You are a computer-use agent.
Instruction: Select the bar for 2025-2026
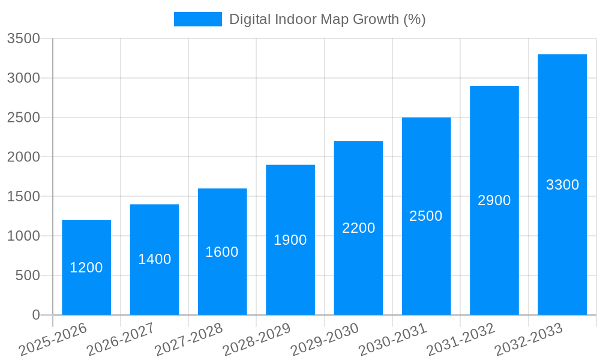pos(86,288)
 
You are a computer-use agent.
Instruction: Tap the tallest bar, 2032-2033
pos(562,240)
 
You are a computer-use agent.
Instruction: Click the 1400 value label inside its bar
pos(155,259)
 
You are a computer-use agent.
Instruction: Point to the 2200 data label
pos(359,228)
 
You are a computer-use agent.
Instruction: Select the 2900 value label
pos(494,200)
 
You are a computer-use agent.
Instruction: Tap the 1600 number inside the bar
pos(222,252)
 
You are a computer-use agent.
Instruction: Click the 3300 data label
pos(562,185)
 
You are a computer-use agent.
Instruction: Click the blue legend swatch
pos(197,19)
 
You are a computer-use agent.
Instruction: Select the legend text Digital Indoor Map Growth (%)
pos(328,19)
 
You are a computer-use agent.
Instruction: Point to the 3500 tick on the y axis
pos(23,38)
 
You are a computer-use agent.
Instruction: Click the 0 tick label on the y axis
pos(35,315)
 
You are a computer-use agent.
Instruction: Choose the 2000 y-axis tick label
pos(23,157)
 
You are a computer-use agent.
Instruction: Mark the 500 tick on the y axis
pos(28,275)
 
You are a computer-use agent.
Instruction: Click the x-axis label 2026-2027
pos(121,340)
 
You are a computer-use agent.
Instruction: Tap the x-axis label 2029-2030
pos(325,340)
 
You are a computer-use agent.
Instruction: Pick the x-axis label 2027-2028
pos(188,340)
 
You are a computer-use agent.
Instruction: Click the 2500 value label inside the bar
pos(426,216)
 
